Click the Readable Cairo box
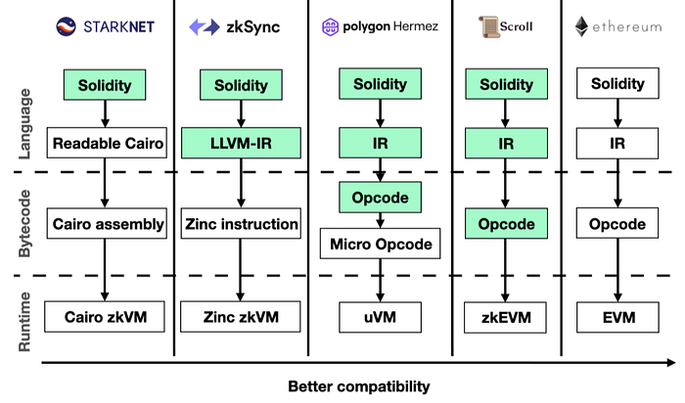pyautogui.click(x=108, y=145)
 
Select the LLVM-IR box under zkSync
pyautogui.click(x=241, y=145)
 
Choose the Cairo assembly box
pyautogui.click(x=108, y=224)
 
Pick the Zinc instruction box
pyautogui.click(x=241, y=224)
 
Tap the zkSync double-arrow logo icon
pyautogui.click(x=202, y=27)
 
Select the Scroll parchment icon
pyautogui.click(x=486, y=26)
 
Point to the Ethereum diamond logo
pyautogui.click(x=584, y=26)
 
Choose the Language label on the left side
pyautogui.click(x=26, y=123)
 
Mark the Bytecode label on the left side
pyautogui.click(x=26, y=223)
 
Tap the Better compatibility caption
pyautogui.click(x=358, y=385)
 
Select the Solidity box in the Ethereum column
pyautogui.click(x=617, y=86)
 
